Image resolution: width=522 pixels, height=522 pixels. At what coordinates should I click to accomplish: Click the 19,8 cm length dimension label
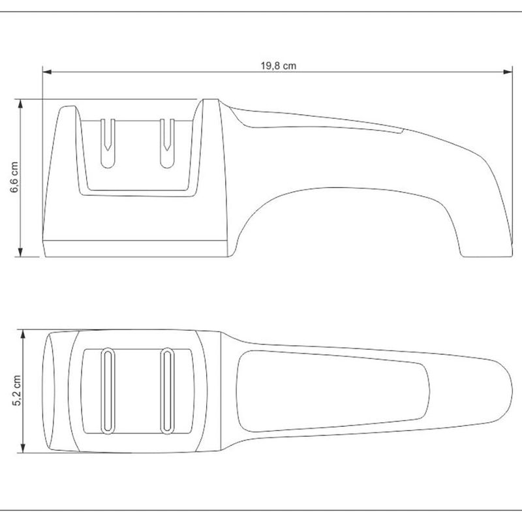[279, 66]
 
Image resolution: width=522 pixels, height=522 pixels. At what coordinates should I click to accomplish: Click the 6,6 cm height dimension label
[14, 177]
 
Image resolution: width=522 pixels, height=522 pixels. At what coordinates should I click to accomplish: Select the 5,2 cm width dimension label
[17, 390]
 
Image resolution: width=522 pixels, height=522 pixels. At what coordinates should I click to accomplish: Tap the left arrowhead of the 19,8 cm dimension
[47, 72]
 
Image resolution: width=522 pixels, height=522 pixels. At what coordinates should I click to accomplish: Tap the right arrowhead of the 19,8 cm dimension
[508, 72]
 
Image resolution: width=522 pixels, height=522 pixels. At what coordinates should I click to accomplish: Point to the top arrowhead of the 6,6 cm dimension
[21, 104]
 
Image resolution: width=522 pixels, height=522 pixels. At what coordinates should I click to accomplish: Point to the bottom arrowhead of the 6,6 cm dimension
[21, 252]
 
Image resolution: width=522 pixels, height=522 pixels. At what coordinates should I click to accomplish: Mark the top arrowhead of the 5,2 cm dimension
[23, 334]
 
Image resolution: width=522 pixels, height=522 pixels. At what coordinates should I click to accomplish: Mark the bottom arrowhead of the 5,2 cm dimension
[23, 448]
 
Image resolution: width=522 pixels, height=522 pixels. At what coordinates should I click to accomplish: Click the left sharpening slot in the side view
[108, 143]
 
